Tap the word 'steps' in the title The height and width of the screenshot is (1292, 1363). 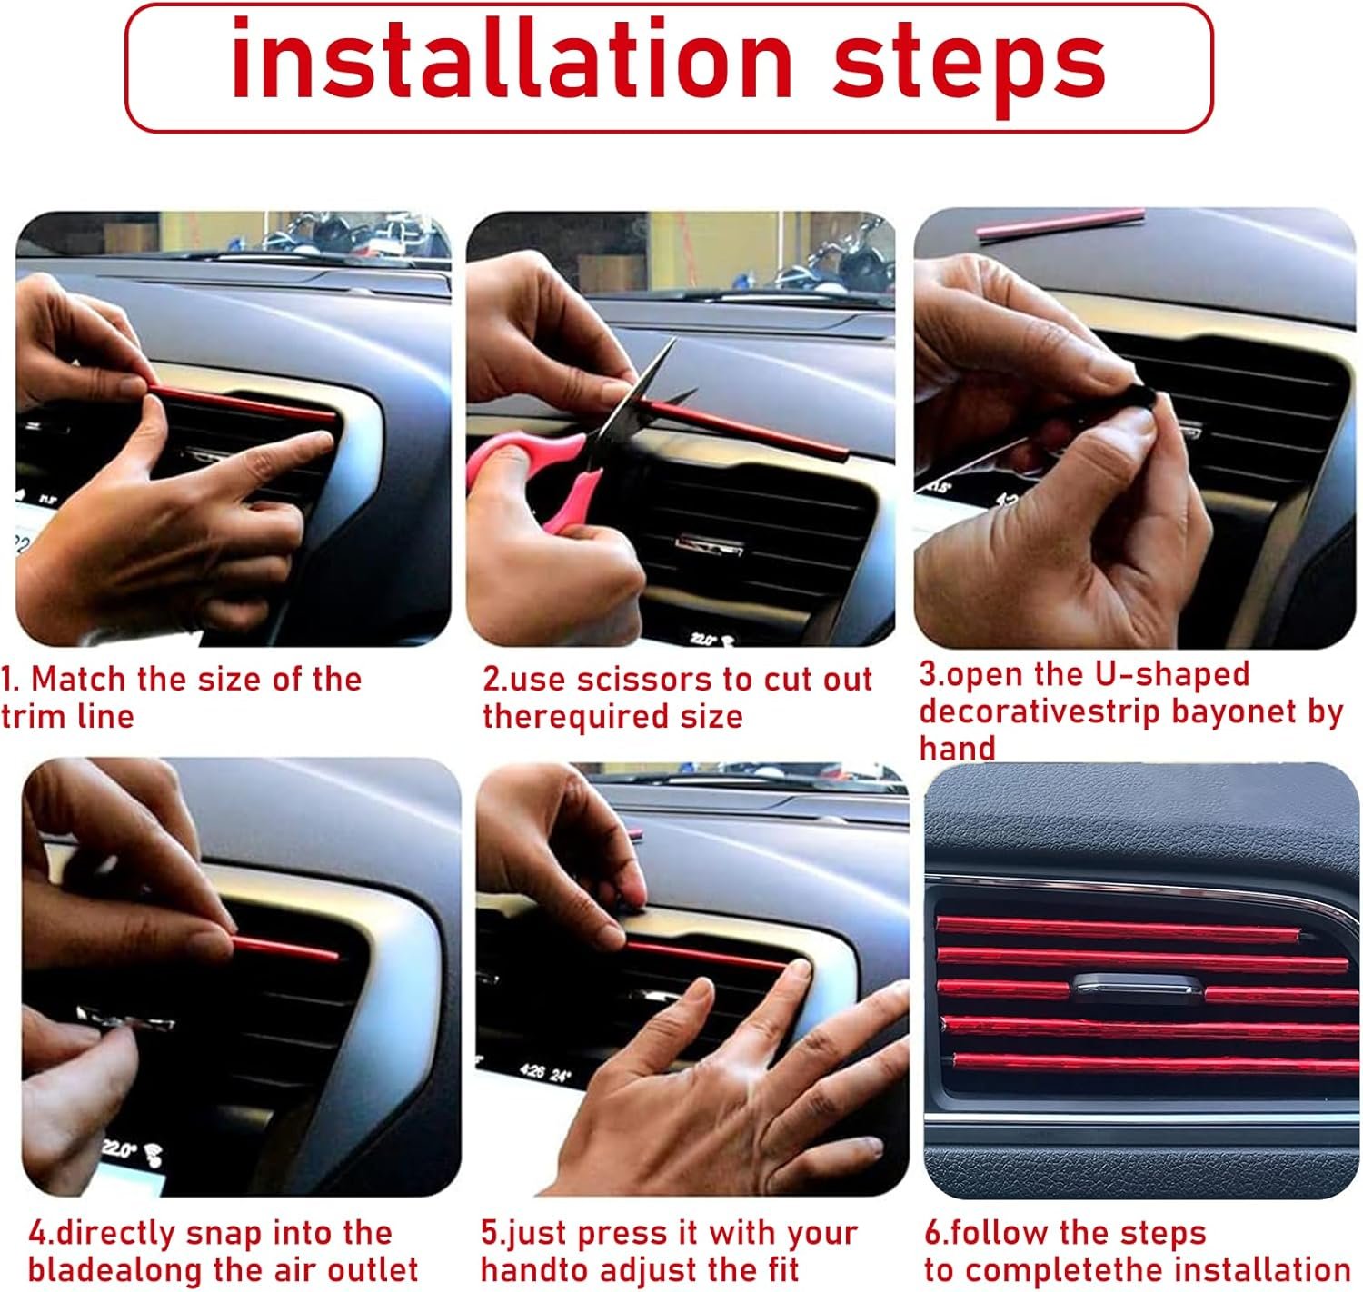[x=970, y=68]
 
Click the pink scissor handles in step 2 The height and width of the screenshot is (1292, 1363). [x=533, y=472]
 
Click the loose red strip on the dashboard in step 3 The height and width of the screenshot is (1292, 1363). [x=1060, y=224]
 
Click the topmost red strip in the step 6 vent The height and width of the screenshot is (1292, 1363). [x=1118, y=929]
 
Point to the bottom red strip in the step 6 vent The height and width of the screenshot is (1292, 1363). [x=1156, y=1061]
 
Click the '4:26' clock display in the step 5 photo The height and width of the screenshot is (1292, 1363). [x=531, y=1071]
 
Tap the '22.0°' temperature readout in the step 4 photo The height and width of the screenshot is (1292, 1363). [x=119, y=1149]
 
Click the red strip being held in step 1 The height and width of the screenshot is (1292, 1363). [x=243, y=403]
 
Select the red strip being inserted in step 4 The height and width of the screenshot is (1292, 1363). [x=285, y=947]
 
